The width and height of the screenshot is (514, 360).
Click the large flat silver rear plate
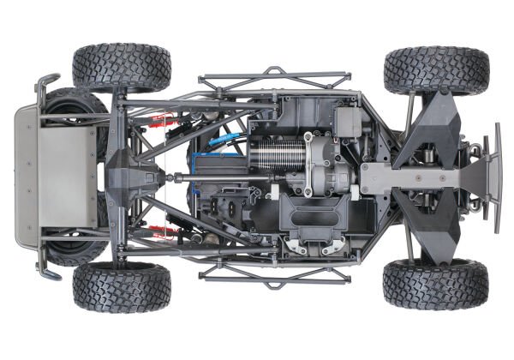[64, 176]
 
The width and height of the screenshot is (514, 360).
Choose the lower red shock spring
[158, 231]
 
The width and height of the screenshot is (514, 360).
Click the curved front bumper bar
[496, 180]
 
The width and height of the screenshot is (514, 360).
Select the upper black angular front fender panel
[437, 120]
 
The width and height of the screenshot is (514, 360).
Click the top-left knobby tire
[121, 67]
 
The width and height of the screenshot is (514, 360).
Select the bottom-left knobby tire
[121, 287]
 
